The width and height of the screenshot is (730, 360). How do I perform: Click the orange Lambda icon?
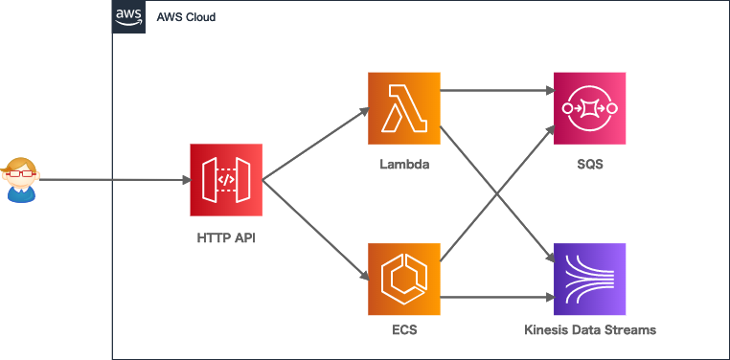pyautogui.click(x=403, y=108)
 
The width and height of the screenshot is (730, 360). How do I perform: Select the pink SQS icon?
pyautogui.click(x=589, y=108)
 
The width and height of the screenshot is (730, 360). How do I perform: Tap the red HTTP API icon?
pyautogui.click(x=225, y=179)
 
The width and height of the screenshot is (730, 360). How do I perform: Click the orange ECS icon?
pyautogui.click(x=403, y=280)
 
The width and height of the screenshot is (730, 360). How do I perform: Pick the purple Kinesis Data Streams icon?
pyautogui.click(x=589, y=280)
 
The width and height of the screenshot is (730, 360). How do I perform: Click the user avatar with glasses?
pyautogui.click(x=21, y=180)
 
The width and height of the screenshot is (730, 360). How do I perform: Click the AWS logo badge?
pyautogui.click(x=128, y=17)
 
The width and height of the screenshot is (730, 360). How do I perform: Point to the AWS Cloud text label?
pyautogui.click(x=186, y=17)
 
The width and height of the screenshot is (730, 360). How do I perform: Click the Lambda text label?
pyautogui.click(x=403, y=165)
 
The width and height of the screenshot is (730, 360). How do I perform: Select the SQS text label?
pyautogui.click(x=589, y=165)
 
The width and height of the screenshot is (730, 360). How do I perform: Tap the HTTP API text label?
pyautogui.click(x=225, y=236)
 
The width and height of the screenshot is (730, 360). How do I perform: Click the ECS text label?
pyautogui.click(x=403, y=331)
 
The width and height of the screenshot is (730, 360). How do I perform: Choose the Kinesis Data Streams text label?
pyautogui.click(x=590, y=331)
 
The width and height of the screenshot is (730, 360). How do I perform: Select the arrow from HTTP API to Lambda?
pyautogui.click(x=314, y=144)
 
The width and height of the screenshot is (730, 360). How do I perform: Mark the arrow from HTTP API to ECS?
pyautogui.click(x=314, y=230)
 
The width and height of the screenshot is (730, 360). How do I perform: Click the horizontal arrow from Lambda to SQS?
pyautogui.click(x=496, y=91)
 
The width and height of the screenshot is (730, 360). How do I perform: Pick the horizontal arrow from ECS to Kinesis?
pyautogui.click(x=496, y=297)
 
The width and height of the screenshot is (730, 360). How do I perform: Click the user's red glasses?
pyautogui.click(x=21, y=173)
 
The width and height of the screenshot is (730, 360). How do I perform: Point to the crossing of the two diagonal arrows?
pyautogui.click(x=496, y=193)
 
